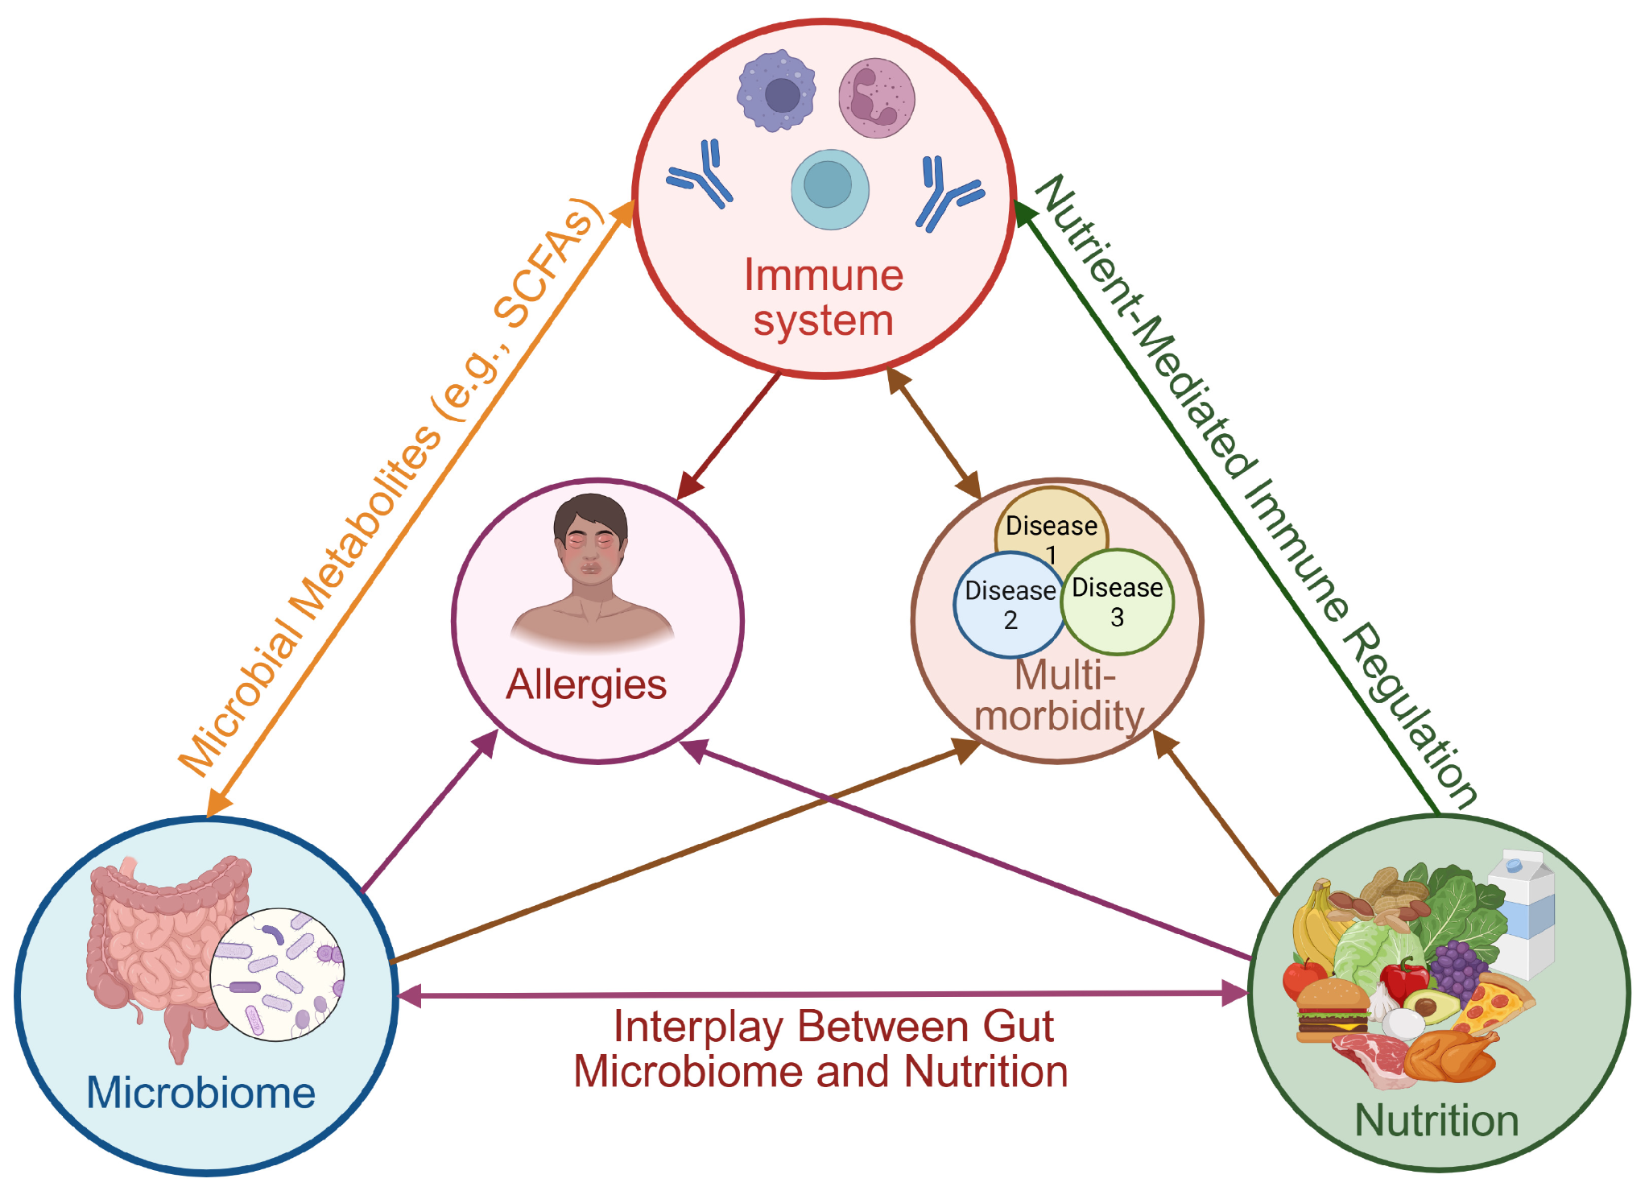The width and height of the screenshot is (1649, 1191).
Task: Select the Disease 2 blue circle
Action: click(x=1009, y=605)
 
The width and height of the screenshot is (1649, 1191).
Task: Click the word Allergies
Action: click(x=586, y=685)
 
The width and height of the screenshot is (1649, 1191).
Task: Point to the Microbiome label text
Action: click(x=200, y=1093)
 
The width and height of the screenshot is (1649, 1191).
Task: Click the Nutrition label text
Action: click(x=1436, y=1120)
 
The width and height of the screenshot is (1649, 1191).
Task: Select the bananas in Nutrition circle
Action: click(x=1316, y=922)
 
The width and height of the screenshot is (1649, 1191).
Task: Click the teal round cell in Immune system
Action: click(x=829, y=189)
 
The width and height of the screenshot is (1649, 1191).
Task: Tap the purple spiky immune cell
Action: click(x=776, y=91)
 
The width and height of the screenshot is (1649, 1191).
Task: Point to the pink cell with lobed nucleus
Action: click(x=876, y=98)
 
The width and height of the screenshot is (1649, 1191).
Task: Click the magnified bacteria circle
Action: click(x=277, y=974)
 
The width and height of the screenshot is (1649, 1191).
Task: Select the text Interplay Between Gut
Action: click(x=833, y=1027)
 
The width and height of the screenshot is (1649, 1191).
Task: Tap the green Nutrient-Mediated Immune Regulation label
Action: click(x=1256, y=490)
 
